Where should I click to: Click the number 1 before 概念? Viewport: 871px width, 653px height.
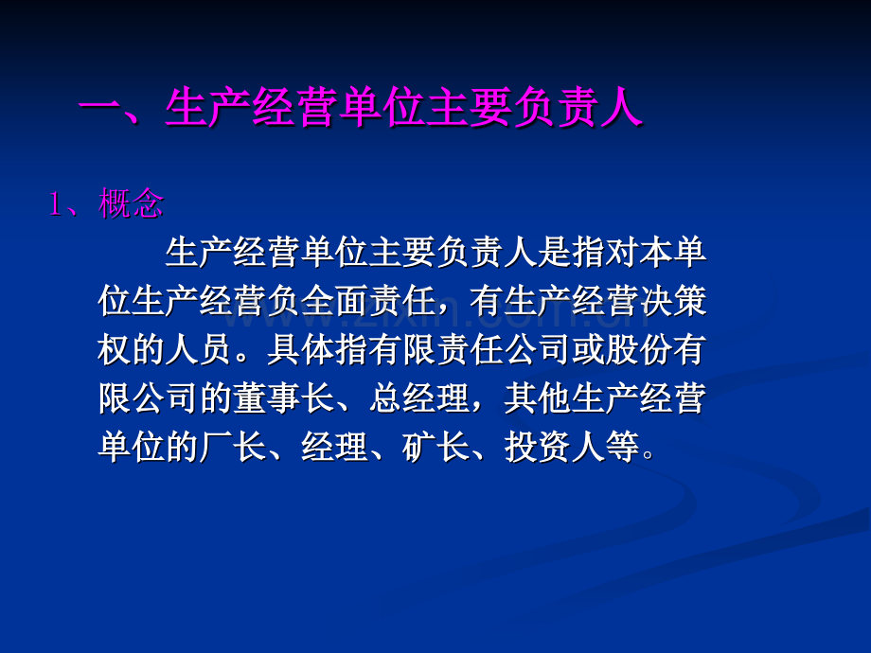55,203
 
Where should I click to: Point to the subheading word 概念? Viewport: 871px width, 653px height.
132,203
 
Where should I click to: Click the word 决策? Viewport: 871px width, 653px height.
673,302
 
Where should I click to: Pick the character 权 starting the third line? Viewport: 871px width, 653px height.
116,351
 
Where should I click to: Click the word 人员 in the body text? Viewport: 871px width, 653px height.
215,351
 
